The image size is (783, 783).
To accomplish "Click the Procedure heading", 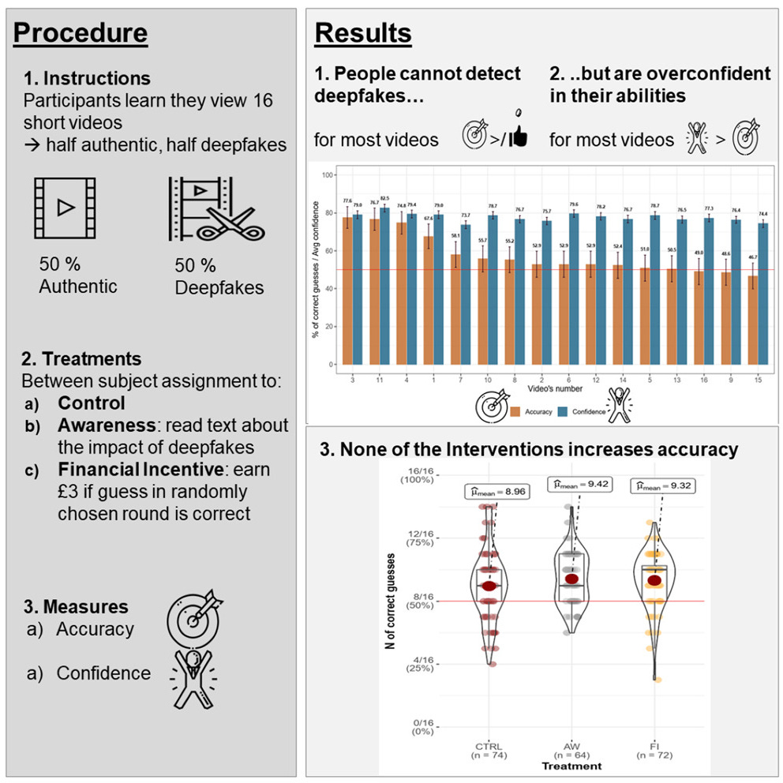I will (81, 33).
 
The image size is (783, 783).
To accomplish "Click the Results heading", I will (363, 33).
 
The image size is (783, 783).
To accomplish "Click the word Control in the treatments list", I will (92, 403).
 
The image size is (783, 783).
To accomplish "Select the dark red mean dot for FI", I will (654, 581).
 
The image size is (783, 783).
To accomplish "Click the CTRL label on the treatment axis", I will (489, 744).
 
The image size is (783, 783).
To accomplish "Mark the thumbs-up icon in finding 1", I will (518, 137).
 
